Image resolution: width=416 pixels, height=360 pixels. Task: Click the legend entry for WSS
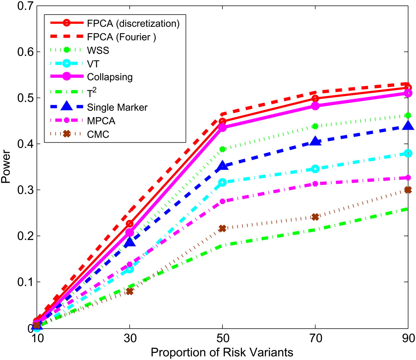tap(98, 50)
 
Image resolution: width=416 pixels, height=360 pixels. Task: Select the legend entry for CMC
tap(98, 134)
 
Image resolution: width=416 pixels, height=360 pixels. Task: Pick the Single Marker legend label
tap(117, 107)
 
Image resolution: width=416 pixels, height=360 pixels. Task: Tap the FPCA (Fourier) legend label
tap(122, 37)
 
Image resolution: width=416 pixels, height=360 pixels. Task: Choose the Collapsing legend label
tap(110, 77)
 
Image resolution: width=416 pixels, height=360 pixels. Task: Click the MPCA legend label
tap(101, 121)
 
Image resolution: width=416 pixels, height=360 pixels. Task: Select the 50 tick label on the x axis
tap(222, 338)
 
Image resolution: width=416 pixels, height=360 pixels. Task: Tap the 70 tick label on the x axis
tap(315, 338)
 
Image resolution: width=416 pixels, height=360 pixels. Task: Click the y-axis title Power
tap(6, 167)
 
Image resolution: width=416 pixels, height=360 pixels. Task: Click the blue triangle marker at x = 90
tap(408, 125)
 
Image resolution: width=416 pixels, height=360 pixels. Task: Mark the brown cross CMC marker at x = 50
tap(222, 229)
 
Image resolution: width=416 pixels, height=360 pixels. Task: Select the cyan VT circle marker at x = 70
tap(315, 169)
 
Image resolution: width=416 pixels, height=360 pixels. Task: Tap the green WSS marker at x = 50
tap(222, 149)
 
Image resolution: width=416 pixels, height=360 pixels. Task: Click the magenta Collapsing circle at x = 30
tap(130, 232)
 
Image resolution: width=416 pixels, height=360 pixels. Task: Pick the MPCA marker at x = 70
tap(315, 184)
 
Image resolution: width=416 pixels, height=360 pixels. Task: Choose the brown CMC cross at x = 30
tap(130, 292)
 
